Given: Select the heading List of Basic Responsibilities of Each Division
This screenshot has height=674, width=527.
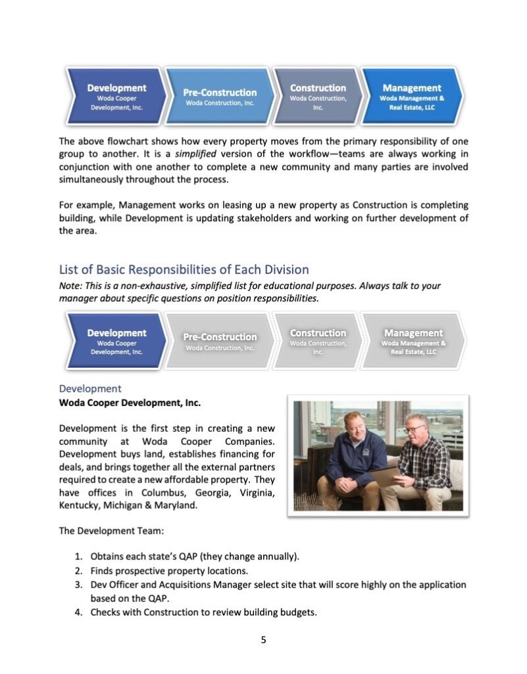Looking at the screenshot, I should (x=184, y=270).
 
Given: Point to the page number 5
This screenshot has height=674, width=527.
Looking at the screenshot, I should (x=263, y=640).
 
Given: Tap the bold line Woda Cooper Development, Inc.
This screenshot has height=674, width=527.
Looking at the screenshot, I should (x=130, y=402).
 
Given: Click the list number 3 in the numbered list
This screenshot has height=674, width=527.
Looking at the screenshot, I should (x=77, y=584).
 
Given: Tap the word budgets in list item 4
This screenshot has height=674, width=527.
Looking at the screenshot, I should (x=297, y=613).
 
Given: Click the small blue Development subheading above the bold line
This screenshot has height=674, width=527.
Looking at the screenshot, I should (x=90, y=388).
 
